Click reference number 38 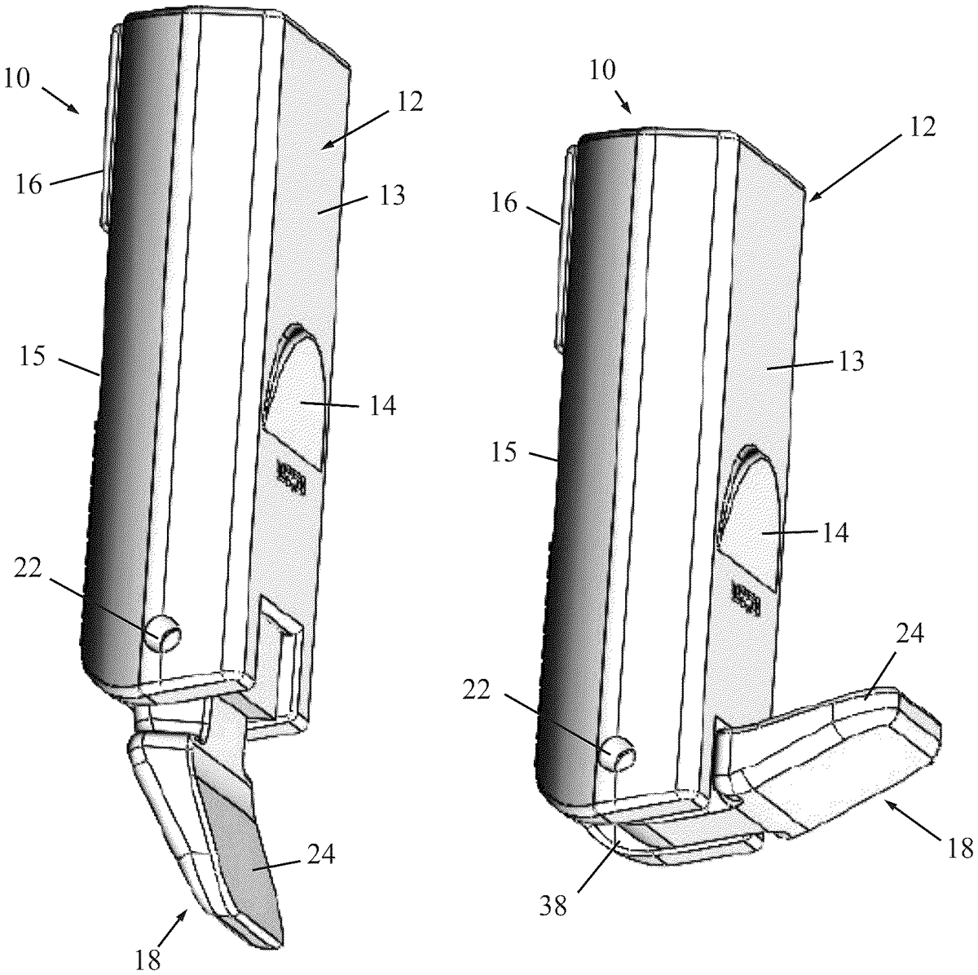pyautogui.click(x=553, y=918)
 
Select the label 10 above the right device pyautogui.click(x=603, y=71)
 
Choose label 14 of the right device pyautogui.click(x=835, y=533)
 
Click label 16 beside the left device pyautogui.click(x=29, y=185)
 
